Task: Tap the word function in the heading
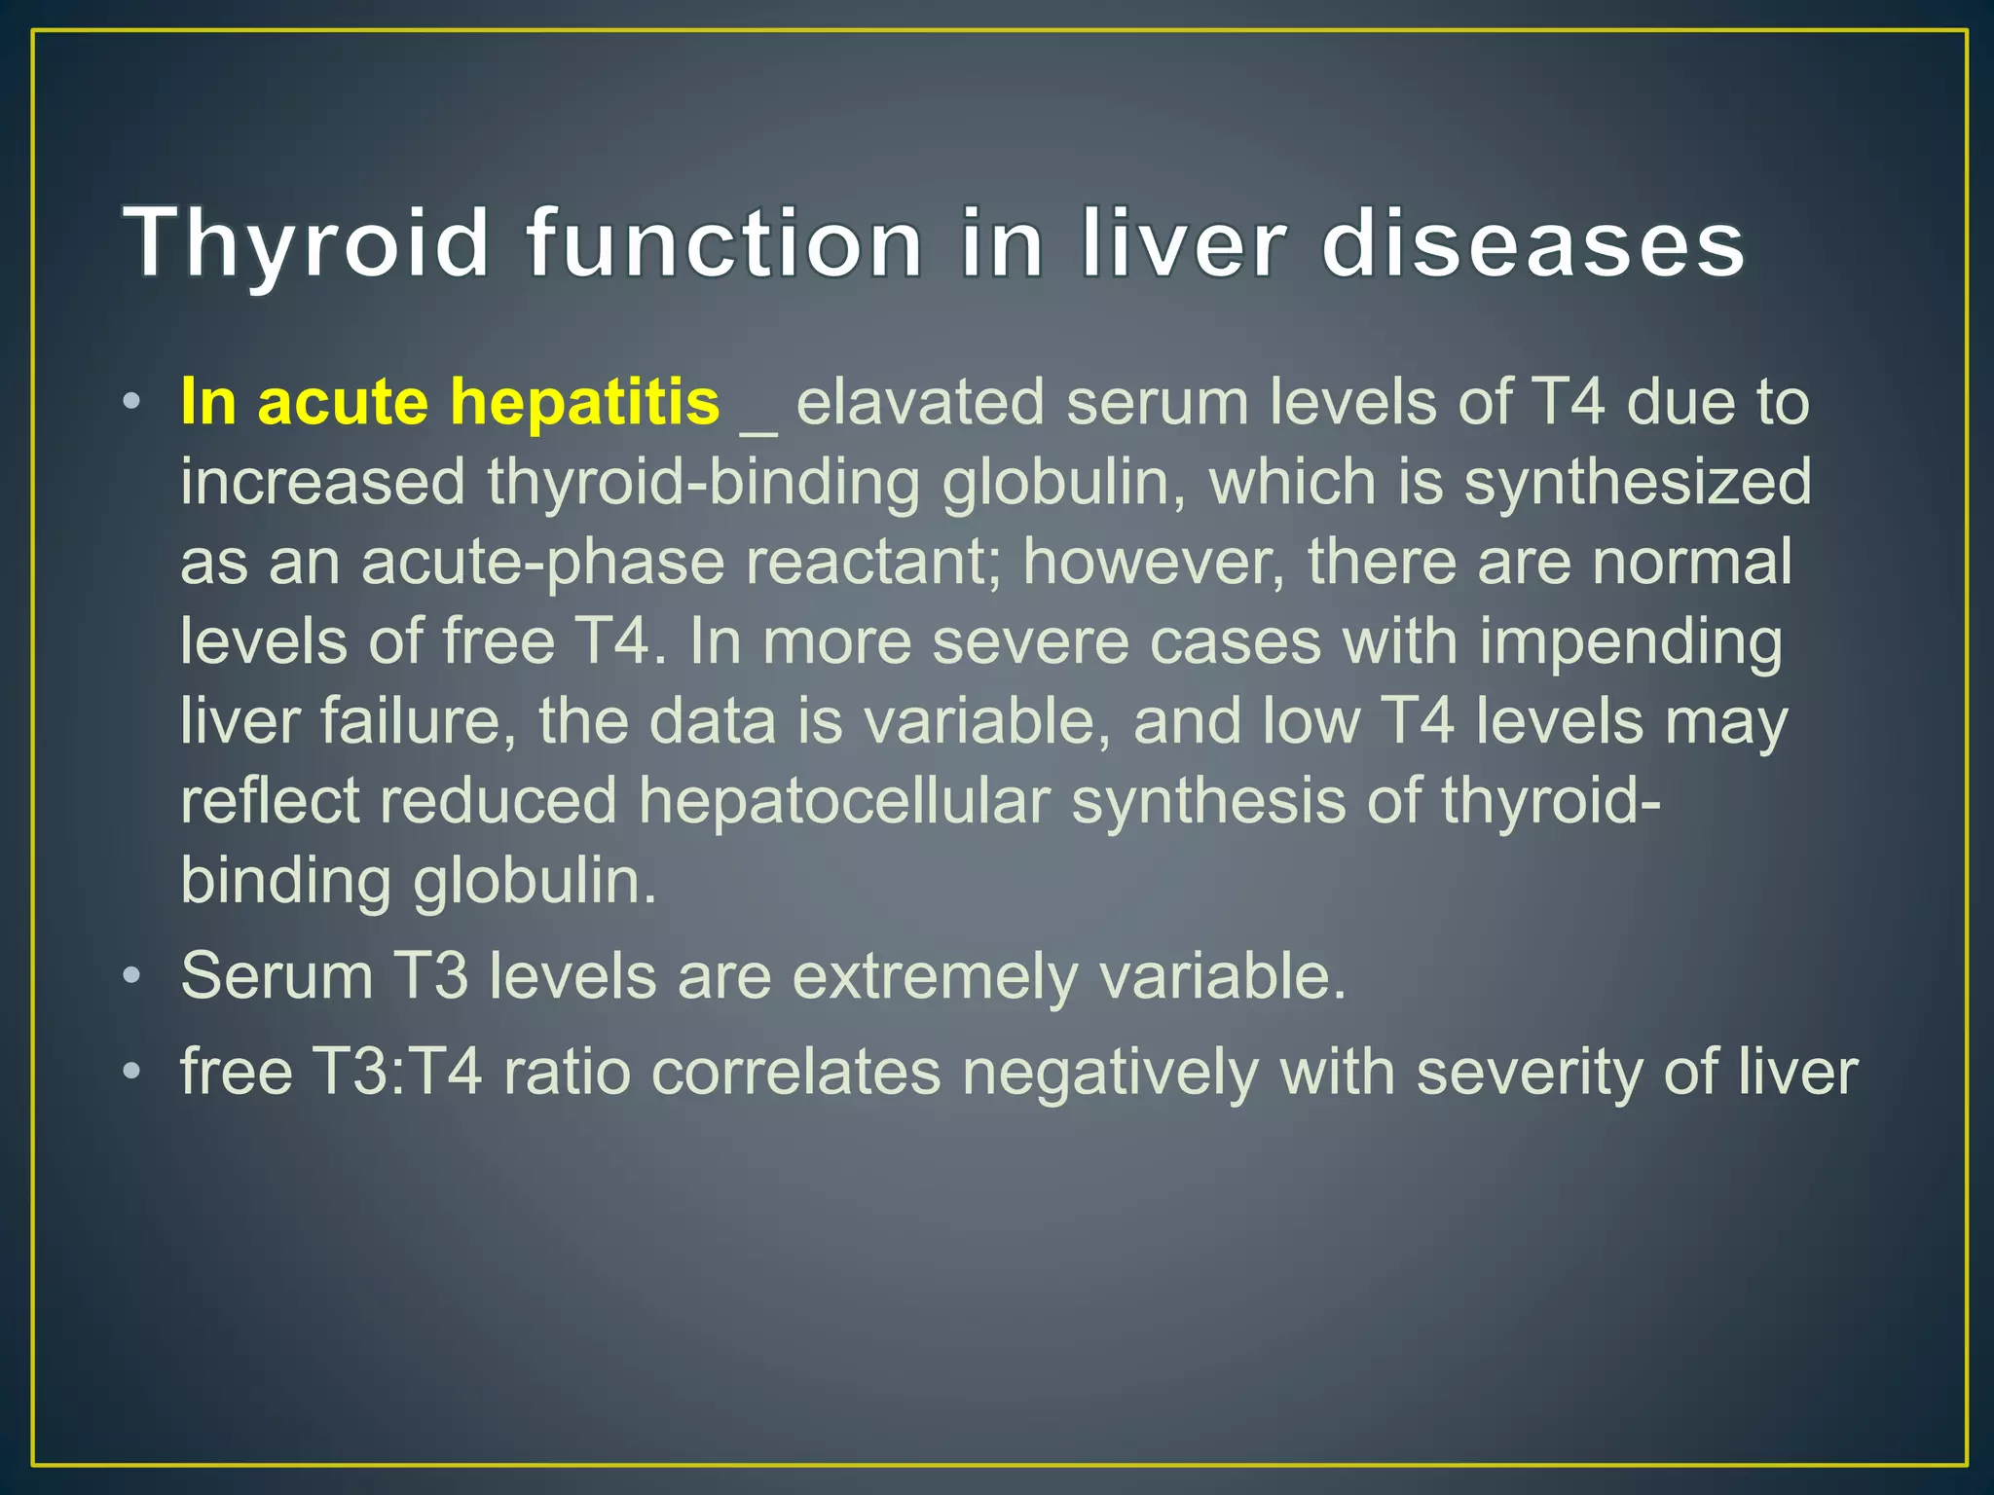(724, 243)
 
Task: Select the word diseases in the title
(1532, 243)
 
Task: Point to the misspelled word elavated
(920, 402)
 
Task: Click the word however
(1154, 562)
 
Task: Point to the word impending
(1632, 642)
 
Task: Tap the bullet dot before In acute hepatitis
(132, 402)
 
